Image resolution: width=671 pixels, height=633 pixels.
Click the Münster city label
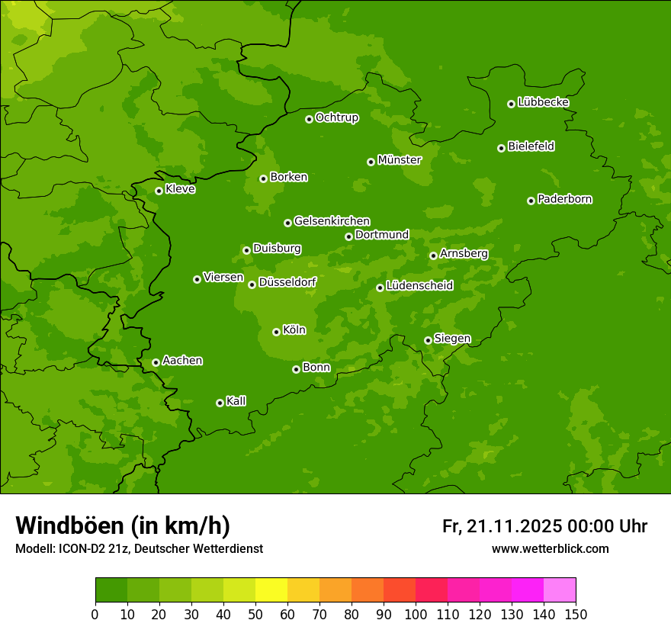400,160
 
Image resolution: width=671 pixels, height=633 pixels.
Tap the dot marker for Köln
276,332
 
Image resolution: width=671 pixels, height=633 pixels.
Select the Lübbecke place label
543,102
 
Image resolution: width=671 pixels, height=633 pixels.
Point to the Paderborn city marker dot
531,201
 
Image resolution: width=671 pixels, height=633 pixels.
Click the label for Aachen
182,361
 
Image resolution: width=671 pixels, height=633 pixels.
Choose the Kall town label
236,401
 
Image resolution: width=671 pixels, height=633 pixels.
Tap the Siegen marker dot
428,340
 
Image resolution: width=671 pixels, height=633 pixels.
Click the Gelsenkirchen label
332,221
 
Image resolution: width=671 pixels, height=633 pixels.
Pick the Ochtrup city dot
309,119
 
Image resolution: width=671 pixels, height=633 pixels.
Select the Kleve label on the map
180,189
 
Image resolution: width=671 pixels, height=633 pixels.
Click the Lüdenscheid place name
419,286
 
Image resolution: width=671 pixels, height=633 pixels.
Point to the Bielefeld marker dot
501,148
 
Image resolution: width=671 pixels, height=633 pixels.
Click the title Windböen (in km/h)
123,525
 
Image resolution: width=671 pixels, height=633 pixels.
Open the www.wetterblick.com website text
550,548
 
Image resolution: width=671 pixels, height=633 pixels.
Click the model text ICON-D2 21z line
139,548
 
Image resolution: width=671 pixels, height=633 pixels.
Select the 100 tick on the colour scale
416,614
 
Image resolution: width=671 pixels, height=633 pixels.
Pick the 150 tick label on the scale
575,614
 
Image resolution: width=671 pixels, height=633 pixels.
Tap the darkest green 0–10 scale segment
111,590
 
